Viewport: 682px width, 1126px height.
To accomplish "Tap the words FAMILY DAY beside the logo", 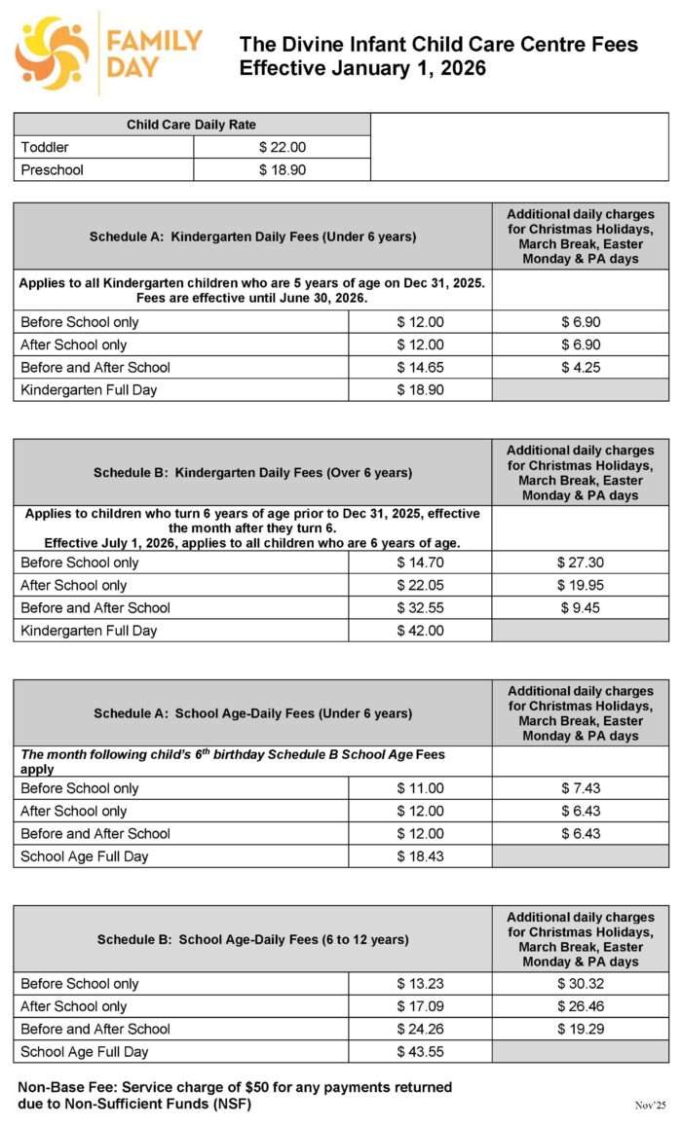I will coord(154,54).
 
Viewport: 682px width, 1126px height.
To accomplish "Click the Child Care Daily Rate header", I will coord(191,125).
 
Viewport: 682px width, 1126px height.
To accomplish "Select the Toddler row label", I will coord(45,147).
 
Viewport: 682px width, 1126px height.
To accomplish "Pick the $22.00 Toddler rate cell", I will coord(282,147).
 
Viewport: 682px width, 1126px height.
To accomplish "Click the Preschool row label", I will coord(53,169).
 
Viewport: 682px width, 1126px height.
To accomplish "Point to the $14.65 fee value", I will coord(420,367).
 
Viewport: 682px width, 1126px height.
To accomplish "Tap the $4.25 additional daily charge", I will coord(580,367).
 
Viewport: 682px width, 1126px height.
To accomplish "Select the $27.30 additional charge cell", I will coord(580,563).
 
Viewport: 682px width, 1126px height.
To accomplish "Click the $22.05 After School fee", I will coord(420,585).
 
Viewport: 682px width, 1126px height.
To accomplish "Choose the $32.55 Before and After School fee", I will coord(420,607).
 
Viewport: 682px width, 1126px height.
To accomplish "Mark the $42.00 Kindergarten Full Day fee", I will coord(420,631).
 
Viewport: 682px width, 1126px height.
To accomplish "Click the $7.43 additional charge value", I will coord(580,788).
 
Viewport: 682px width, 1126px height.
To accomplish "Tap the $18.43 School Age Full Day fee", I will coord(420,856).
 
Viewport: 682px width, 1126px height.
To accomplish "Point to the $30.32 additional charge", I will coord(580,984).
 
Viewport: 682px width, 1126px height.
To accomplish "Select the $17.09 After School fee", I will coord(420,1006).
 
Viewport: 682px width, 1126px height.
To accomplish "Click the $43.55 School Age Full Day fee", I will coord(420,1051).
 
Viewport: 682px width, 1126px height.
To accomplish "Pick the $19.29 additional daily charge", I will coord(580,1029).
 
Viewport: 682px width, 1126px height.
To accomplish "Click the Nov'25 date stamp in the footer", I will coord(650,1106).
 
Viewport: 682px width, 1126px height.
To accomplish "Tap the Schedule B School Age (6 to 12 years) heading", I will coord(252,939).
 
